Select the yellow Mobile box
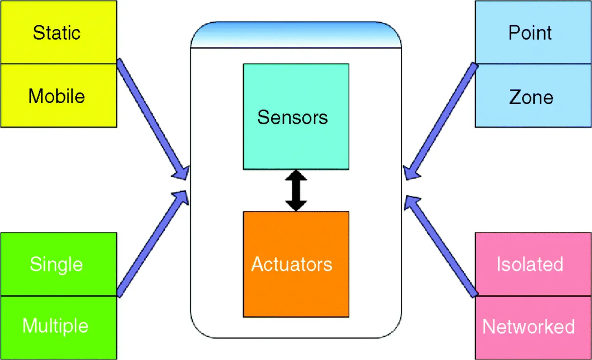click(58, 95)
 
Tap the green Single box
click(58, 264)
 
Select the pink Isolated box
click(533, 264)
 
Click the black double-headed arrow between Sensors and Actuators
click(296, 190)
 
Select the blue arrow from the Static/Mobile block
click(152, 117)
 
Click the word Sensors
click(292, 117)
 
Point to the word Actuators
click(292, 265)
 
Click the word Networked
click(528, 327)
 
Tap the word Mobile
click(56, 96)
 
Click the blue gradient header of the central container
click(296, 36)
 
